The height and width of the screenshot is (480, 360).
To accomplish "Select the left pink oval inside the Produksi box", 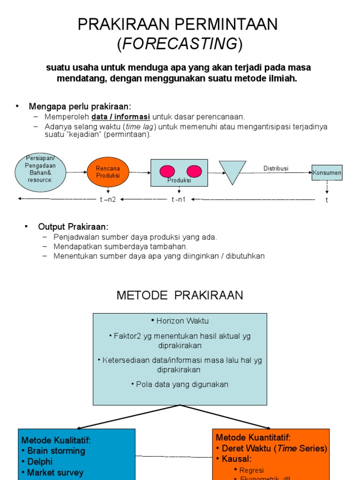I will (167, 171).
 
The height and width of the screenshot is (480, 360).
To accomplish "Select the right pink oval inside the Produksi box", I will (194, 171).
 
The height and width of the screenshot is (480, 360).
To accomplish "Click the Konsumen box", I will (327, 172).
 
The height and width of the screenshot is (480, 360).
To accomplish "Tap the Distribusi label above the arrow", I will (276, 168).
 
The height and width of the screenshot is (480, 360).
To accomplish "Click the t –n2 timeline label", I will (108, 199).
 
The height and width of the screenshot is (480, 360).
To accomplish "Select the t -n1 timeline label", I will (179, 199).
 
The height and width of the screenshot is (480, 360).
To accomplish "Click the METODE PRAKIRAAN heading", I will (180, 295).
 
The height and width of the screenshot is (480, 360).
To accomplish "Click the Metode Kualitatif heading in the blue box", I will (56, 440).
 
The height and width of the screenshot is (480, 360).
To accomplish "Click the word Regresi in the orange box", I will (252, 470).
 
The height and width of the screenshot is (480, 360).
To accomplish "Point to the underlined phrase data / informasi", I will (120, 117).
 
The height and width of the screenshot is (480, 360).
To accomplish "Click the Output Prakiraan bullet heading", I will (73, 226).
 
